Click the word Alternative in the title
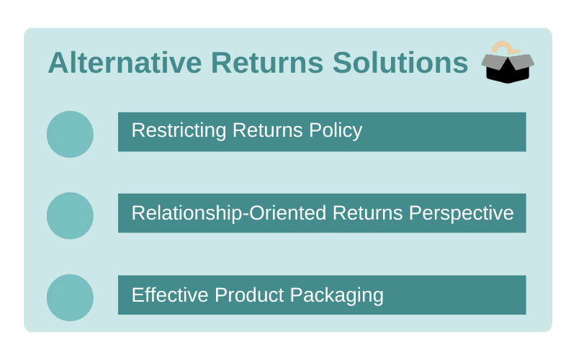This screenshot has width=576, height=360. tap(125, 63)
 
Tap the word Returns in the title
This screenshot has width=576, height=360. tap(267, 63)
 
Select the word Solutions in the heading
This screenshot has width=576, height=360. tap(400, 63)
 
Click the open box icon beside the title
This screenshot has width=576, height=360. tap(508, 62)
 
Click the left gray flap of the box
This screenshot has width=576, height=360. tap(493, 63)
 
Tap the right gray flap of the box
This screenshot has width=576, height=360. tap(521, 62)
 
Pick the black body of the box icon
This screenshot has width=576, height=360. tap(508, 73)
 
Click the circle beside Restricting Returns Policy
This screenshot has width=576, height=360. tap(70, 135)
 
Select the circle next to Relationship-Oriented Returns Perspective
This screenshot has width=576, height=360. tap(70, 215)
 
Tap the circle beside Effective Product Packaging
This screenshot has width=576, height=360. tap(70, 297)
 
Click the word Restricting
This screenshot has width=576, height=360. tap(179, 131)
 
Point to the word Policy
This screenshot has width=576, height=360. tap(336, 131)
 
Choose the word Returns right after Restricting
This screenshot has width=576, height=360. tap(267, 130)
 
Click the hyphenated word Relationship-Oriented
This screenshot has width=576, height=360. tap(229, 213)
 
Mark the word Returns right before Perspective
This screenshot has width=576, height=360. tap(368, 213)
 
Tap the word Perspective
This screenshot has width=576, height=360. tap(462, 214)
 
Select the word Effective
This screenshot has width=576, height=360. tap(170, 295)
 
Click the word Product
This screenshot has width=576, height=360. tap(249, 295)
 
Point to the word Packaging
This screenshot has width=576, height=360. tap(337, 296)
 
